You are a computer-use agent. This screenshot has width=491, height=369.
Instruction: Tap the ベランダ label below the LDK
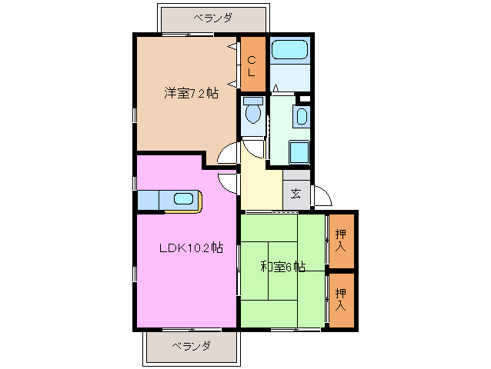click(x=191, y=347)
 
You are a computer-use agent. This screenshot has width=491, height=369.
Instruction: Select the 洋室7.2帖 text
click(x=190, y=93)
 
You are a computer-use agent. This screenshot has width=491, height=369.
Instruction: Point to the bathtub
click(x=289, y=52)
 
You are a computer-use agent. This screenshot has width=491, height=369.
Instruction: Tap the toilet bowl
click(x=252, y=115)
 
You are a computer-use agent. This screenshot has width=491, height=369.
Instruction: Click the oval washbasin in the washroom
click(x=301, y=118)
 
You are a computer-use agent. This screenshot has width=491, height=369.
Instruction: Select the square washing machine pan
click(x=299, y=153)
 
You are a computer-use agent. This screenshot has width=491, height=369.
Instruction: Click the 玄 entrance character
click(x=296, y=194)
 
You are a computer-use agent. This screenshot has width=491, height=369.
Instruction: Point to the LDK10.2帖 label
click(x=191, y=248)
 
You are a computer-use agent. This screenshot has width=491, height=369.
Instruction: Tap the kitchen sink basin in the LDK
click(x=184, y=199)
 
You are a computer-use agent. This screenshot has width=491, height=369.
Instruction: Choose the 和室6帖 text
click(x=282, y=267)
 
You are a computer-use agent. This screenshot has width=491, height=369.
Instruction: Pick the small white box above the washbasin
click(x=305, y=98)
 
